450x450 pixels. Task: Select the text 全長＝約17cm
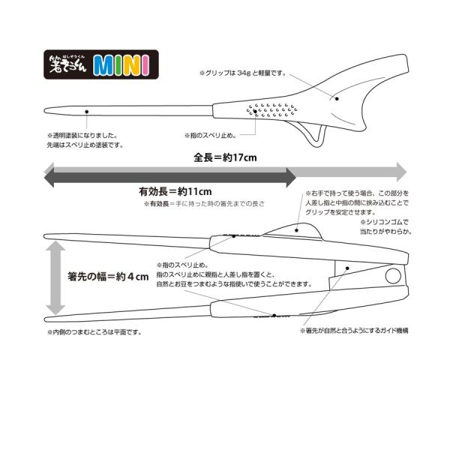(225, 158)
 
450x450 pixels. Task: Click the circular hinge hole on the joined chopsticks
(392, 277)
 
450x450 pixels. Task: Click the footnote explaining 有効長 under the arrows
(205, 203)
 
